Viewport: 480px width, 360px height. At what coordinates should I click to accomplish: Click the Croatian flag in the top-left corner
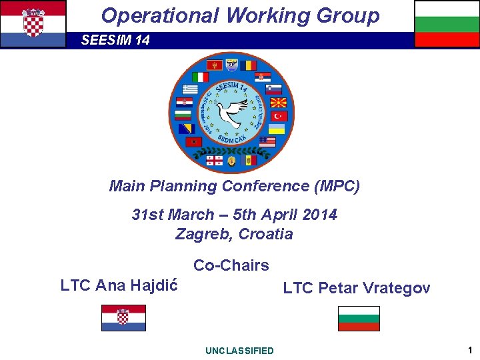coord(33,23)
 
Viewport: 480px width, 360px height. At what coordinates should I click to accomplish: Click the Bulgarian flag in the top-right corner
coord(447,23)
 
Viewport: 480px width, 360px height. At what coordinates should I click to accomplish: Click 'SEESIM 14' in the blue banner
coord(115,41)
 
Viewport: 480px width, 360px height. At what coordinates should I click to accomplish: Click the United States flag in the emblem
coord(267,142)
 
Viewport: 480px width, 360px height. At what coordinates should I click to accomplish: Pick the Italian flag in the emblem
coord(200,76)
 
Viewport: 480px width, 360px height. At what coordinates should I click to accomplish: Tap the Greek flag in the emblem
coord(190,89)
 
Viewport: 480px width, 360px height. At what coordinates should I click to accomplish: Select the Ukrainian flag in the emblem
coord(277,129)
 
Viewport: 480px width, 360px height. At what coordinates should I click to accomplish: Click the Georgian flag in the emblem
coord(215,161)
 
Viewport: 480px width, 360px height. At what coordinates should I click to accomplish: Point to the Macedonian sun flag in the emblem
coord(277,103)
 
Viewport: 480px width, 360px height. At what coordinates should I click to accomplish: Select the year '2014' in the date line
coord(320,215)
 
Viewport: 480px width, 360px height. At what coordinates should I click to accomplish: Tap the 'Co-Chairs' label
coord(231,265)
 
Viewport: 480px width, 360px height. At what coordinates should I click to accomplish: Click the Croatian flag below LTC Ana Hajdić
coord(123,318)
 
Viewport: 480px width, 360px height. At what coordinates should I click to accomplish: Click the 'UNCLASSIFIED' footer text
coord(239,351)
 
